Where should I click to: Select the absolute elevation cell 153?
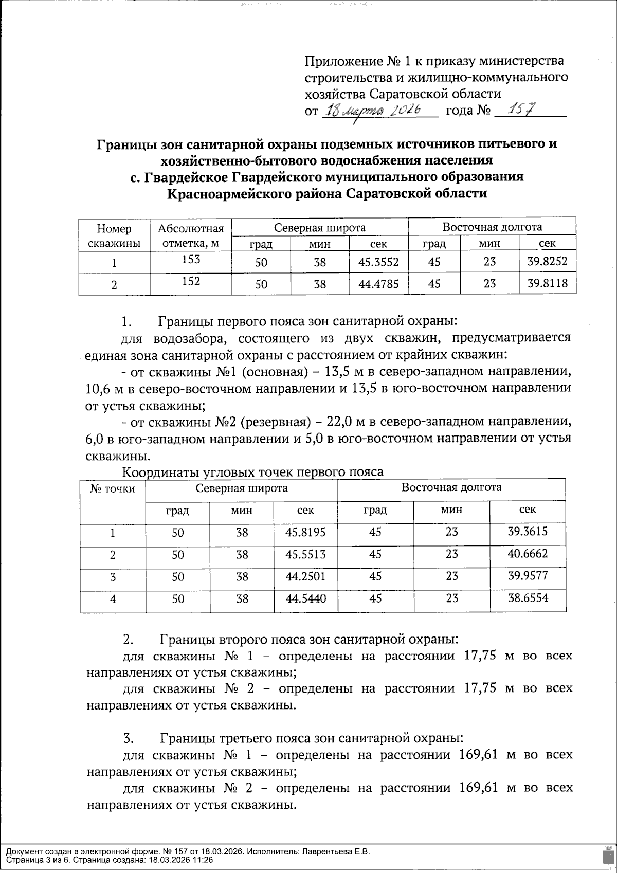pyautogui.click(x=191, y=260)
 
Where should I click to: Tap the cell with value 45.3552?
pyautogui.click(x=378, y=262)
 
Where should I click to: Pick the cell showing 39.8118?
pyautogui.click(x=547, y=283)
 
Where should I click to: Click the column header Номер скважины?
pyautogui.click(x=114, y=236)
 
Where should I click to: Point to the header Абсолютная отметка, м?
pyautogui.click(x=191, y=236)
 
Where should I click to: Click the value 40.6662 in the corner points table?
pyautogui.click(x=528, y=554)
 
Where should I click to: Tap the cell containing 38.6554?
pyautogui.click(x=528, y=597)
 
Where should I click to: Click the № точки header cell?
pyautogui.click(x=113, y=488)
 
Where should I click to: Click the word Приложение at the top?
pyautogui.click(x=338, y=62)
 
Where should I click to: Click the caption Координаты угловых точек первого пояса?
pyautogui.click(x=253, y=471)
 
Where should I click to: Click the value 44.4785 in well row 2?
pyautogui.click(x=378, y=283)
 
